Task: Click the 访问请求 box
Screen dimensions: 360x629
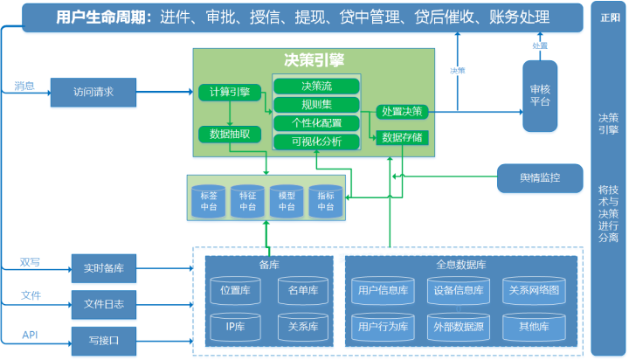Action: click(94, 92)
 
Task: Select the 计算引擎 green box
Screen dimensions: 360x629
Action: click(230, 93)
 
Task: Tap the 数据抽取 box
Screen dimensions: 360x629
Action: click(230, 134)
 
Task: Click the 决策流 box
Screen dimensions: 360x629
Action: click(316, 87)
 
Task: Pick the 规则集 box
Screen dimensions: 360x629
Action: click(316, 105)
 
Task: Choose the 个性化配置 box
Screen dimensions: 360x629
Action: click(316, 122)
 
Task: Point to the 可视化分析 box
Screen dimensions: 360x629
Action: click(316, 142)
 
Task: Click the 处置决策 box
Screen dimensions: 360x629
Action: click(403, 111)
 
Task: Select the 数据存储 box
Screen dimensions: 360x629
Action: click(403, 137)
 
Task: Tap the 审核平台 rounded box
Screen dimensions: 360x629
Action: click(540, 95)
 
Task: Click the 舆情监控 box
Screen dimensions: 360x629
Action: click(539, 178)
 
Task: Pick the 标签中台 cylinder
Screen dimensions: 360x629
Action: click(209, 202)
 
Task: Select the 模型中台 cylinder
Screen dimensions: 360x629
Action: click(287, 202)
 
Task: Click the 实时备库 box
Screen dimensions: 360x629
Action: click(104, 267)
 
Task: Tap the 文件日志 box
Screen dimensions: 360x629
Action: click(104, 303)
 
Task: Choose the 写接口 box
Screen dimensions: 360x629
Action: click(104, 338)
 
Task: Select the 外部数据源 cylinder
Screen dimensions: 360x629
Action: click(457, 327)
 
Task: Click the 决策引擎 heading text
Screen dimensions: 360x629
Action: click(314, 60)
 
